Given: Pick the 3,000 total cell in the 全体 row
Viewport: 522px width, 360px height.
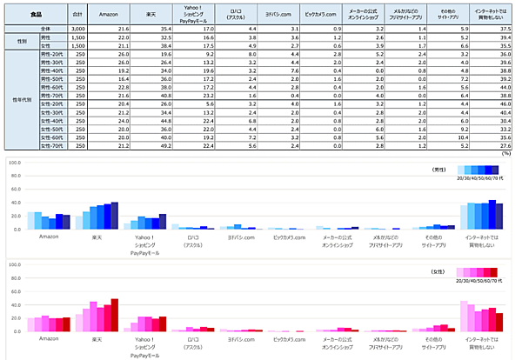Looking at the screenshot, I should (77, 29).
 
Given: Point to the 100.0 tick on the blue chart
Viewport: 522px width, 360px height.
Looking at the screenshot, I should (14, 163).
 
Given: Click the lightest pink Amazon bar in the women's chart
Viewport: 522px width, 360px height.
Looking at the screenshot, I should (30, 324).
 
